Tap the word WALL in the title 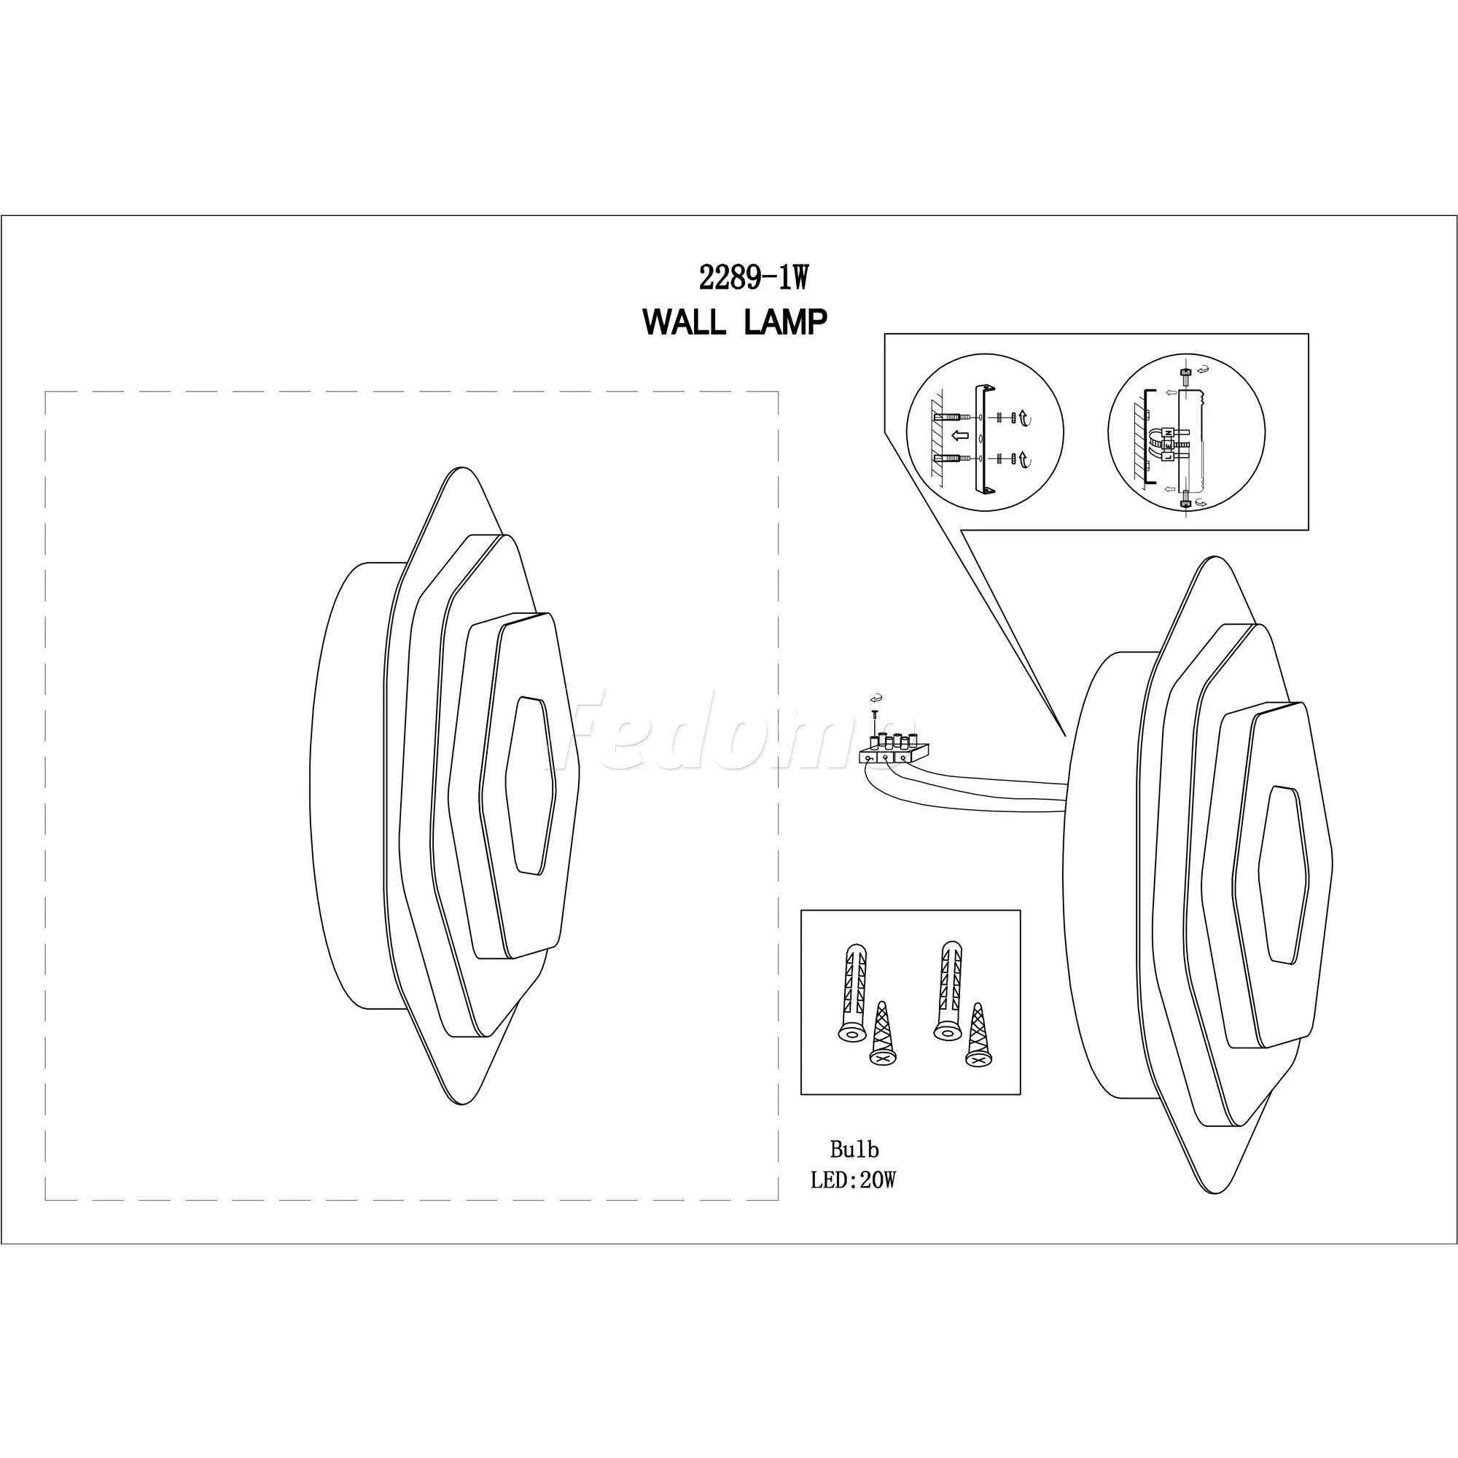pos(685,323)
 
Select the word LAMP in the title pos(785,323)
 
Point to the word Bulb pos(854,1171)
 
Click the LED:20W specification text pos(854,1201)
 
